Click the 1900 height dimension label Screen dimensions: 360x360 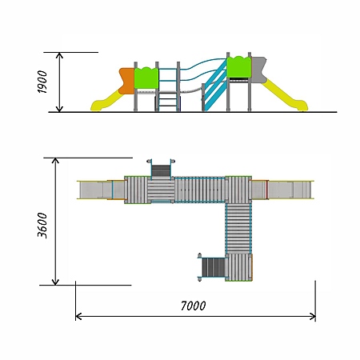[42, 82]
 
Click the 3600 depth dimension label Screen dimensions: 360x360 [42, 226]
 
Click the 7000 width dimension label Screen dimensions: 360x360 [194, 306]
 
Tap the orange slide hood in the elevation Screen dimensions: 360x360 [126, 81]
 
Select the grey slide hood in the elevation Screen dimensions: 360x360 [258, 70]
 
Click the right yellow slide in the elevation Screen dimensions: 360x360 [285, 95]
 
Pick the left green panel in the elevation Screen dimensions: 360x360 [146, 78]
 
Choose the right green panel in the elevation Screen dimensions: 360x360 [239, 67]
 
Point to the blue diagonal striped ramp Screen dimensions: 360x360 [215, 86]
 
